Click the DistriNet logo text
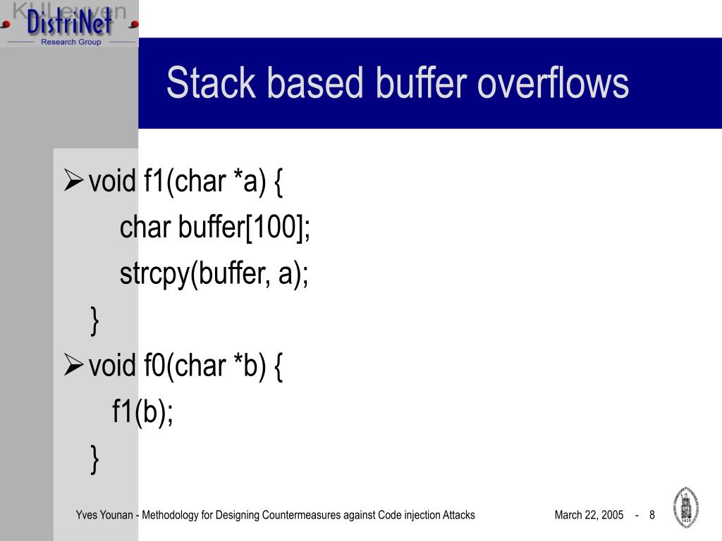point(69,23)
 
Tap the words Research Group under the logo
point(71,42)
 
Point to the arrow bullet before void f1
point(74,182)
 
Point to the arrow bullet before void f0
point(74,366)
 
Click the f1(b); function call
point(143,411)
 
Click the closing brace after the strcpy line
point(94,321)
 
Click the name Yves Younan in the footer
point(105,515)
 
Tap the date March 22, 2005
point(589,515)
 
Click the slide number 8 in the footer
point(652,515)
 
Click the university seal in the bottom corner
point(687,506)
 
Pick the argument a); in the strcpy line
point(294,274)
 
